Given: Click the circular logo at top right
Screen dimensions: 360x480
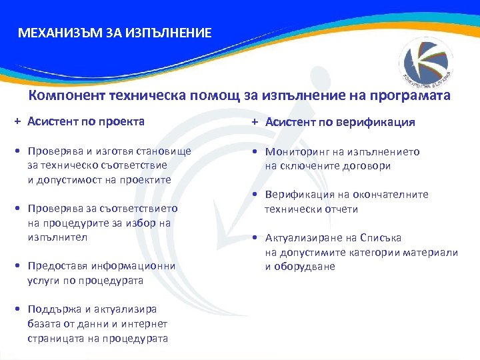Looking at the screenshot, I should click(427, 60).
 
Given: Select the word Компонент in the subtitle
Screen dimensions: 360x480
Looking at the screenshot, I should click(61, 95).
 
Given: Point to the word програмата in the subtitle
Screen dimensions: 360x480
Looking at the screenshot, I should click(413, 95).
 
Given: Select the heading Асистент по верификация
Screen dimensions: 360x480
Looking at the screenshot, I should click(340, 122).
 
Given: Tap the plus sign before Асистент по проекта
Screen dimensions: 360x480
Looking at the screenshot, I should click(19, 122).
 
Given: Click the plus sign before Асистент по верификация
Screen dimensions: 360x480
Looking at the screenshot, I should click(256, 122).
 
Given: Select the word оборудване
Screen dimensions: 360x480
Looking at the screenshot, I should click(305, 267).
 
